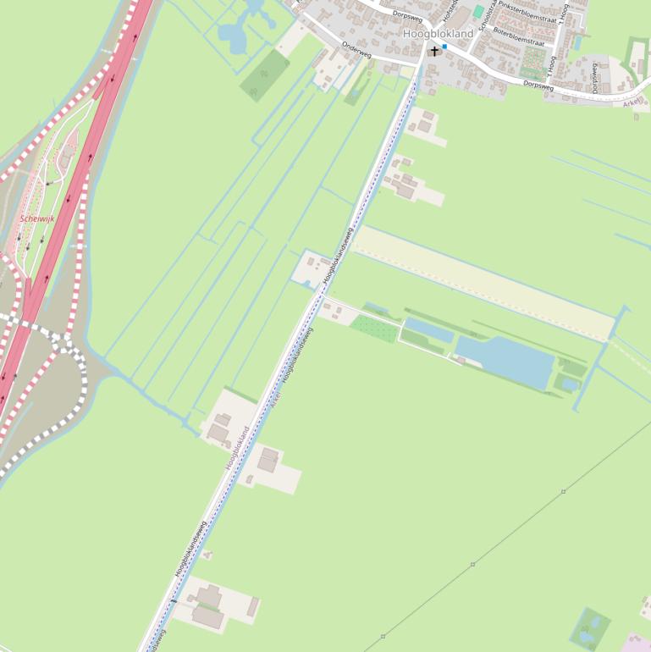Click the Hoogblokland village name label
438,33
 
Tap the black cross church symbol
435,52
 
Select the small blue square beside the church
444,47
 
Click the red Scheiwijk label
37,218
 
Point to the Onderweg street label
356,50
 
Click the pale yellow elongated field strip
483,284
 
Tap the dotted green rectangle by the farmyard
373,328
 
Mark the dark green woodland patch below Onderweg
265,75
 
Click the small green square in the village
479,12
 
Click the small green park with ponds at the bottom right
590,628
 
